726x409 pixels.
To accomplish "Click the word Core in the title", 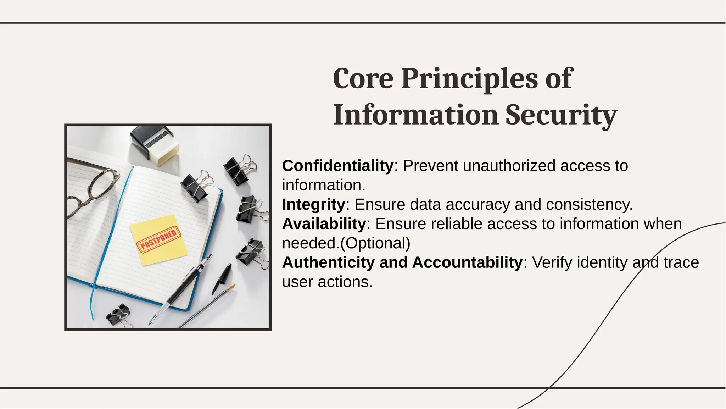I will (x=363, y=78).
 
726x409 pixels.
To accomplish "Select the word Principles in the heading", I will (x=469, y=79).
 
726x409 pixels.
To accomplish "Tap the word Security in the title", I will (x=561, y=115).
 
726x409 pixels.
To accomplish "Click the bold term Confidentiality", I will (x=337, y=166).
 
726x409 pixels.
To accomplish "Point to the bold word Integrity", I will (x=313, y=205).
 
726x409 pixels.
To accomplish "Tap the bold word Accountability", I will (x=467, y=262).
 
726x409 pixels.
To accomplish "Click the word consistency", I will (x=589, y=205).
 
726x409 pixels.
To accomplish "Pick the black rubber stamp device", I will (x=155, y=145).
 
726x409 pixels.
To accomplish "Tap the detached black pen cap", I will (x=221, y=278).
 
